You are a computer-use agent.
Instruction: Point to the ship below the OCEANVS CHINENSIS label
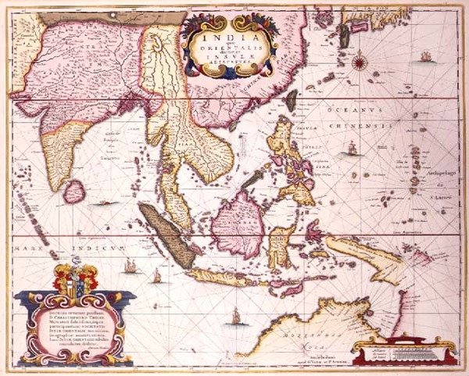pos(353,148)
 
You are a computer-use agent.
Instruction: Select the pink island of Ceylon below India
pos(73,191)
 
